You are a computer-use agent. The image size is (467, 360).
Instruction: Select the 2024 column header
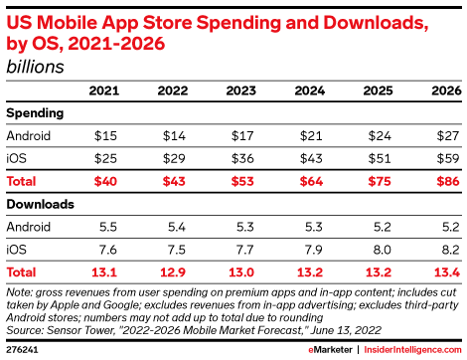tap(310, 91)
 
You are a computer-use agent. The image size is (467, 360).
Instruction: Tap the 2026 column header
tap(445, 91)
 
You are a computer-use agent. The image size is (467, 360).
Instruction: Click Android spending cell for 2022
tap(172, 135)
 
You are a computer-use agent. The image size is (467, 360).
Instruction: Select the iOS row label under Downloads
tap(17, 249)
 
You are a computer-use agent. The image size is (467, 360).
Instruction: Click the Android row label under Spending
tap(28, 135)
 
